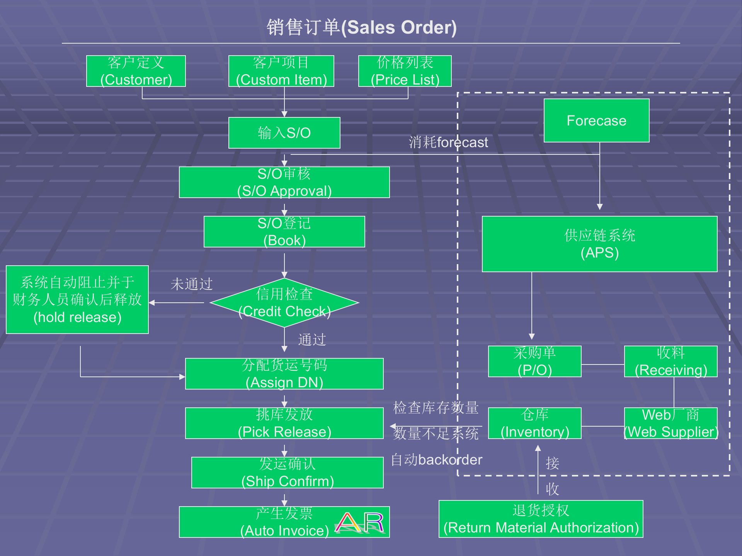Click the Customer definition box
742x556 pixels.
pos(136,71)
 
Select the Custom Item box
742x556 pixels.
pos(281,71)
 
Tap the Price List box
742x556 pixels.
pos(405,71)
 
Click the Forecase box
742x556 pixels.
pos(596,120)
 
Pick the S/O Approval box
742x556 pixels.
pos(284,182)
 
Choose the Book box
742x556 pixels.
pos(284,232)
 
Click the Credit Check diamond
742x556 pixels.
pos(284,303)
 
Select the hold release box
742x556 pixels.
pos(77,300)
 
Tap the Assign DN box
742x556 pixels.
pos(284,374)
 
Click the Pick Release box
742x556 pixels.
pos(284,423)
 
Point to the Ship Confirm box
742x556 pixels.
pos(288,473)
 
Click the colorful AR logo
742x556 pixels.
pos(359,523)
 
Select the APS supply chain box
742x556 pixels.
pos(600,244)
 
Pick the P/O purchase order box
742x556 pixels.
pos(535,361)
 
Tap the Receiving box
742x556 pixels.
pos(671,361)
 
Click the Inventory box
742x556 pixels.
pos(535,423)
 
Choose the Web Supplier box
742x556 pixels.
pos(671,423)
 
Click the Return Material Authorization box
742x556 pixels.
pos(541,519)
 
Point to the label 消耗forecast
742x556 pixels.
pos(448,142)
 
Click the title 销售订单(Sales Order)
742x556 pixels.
pos(362,27)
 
